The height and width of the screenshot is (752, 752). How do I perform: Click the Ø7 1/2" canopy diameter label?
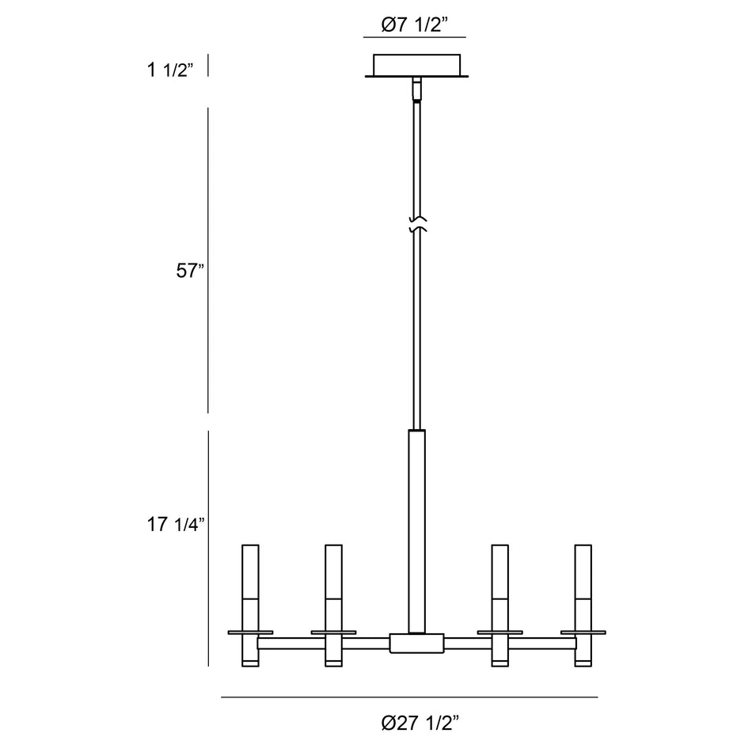(414, 25)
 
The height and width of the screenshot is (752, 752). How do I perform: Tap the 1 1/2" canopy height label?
(169, 70)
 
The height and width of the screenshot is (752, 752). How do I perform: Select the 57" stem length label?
(190, 271)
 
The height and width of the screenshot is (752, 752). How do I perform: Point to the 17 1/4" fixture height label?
(176, 524)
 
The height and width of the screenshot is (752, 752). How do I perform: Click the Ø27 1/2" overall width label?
(420, 723)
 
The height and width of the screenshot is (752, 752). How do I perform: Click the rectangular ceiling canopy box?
(416, 65)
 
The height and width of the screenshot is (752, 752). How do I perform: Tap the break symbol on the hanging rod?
(417, 225)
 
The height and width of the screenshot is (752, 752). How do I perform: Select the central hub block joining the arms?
(416, 644)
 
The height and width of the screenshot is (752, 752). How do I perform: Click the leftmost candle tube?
(250, 606)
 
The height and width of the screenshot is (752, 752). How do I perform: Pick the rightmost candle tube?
(583, 606)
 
